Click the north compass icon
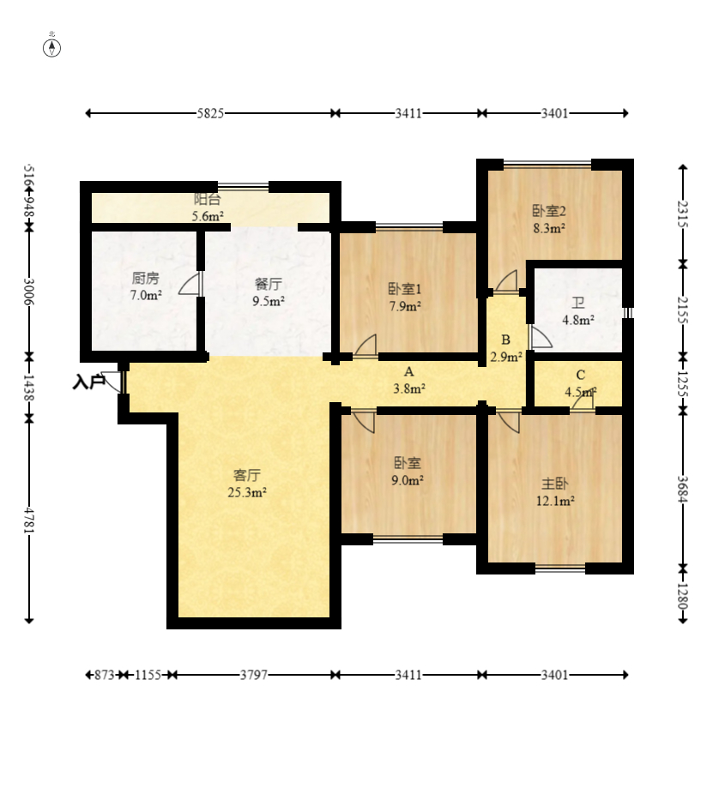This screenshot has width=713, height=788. [x=51, y=48]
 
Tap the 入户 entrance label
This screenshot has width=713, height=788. [x=88, y=382]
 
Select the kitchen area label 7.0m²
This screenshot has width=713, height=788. [x=146, y=295]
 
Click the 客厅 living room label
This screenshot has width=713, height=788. [x=247, y=475]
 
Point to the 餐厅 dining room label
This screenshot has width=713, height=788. [x=269, y=284]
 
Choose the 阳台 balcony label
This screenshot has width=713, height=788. [x=208, y=199]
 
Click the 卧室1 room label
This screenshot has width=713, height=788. [x=405, y=289]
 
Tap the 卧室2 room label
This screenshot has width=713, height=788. [x=549, y=211]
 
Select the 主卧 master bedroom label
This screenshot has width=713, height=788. [x=554, y=484]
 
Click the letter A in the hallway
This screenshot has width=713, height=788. [x=408, y=372]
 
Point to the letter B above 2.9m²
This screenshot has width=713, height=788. [x=506, y=340]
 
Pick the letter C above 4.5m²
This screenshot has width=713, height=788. [x=580, y=375]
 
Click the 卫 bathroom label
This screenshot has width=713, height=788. [x=578, y=303]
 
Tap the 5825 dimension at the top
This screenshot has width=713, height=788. [x=210, y=113]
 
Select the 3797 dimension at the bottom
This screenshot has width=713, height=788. [x=253, y=675]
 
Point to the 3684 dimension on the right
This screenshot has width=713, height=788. [x=682, y=489]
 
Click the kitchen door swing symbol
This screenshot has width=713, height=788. [x=190, y=284]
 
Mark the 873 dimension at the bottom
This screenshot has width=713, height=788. [x=105, y=675]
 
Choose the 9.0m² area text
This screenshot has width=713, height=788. [x=408, y=480]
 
